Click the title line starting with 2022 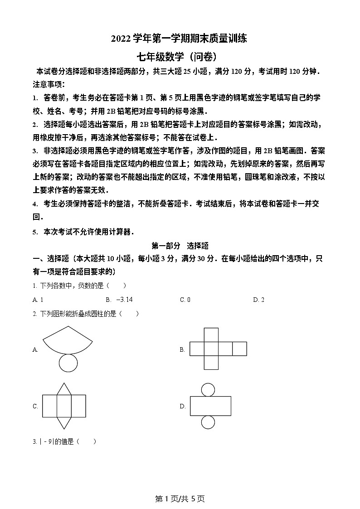tap(180, 39)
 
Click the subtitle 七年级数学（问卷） tap(180, 57)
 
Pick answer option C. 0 tap(185, 300)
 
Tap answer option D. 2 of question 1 tap(258, 300)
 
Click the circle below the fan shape tap(68, 362)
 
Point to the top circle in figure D tap(208, 389)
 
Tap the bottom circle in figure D tap(208, 422)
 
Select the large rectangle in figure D tap(210, 406)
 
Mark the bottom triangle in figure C tap(64, 422)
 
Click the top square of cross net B tap(211, 335)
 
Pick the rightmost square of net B tap(239, 349)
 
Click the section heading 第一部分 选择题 tap(180, 246)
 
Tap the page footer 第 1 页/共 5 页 tap(180, 499)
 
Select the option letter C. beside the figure tap(35, 406)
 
